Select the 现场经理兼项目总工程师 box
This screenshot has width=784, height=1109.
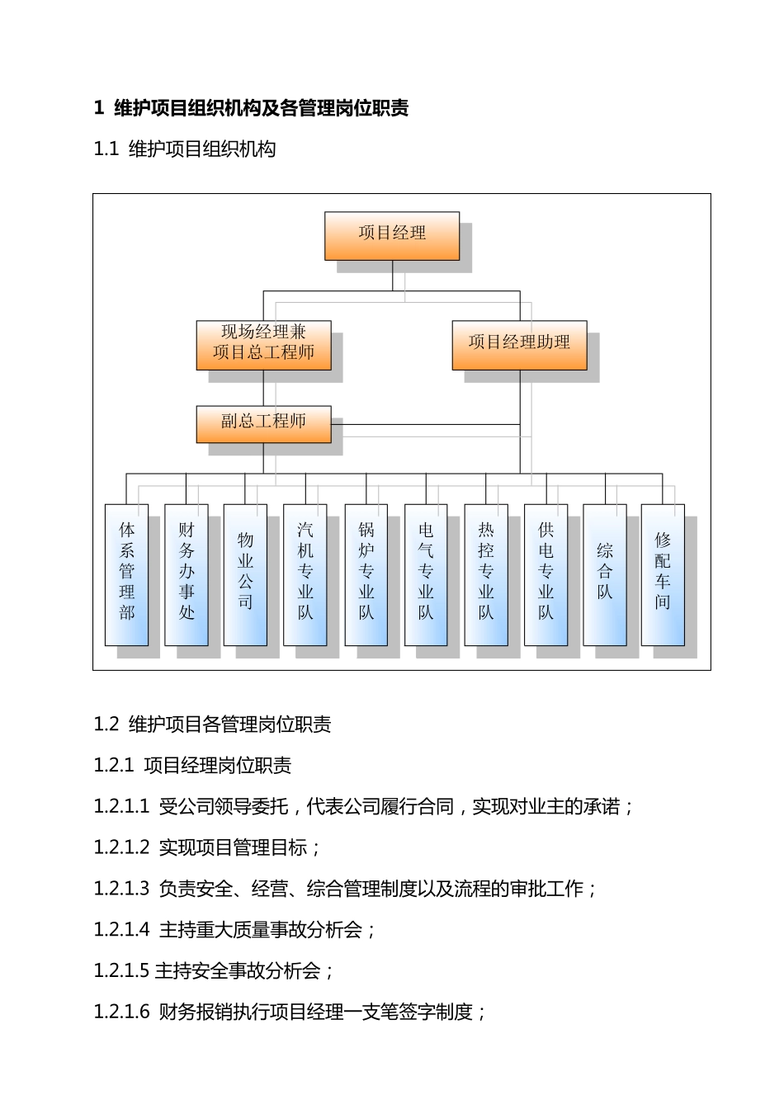(263, 344)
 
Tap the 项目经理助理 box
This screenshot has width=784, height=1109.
(519, 344)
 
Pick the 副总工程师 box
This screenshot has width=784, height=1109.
(263, 423)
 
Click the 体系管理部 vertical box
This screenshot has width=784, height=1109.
(127, 574)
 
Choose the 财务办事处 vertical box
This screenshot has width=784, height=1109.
(187, 574)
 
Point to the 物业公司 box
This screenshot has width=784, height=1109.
(245, 574)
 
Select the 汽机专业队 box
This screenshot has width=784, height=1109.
(305, 574)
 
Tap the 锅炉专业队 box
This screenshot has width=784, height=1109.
(366, 574)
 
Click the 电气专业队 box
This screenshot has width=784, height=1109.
(426, 574)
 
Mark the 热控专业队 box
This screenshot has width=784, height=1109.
(486, 574)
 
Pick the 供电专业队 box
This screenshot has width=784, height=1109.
(545, 574)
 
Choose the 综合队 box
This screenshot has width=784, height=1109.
(605, 574)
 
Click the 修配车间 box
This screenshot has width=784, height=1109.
(663, 574)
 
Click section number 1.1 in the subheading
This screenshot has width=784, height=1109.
(107, 149)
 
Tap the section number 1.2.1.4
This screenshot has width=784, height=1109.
(121, 930)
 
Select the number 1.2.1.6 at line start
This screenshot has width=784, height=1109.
(121, 1012)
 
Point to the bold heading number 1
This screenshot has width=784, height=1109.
(99, 108)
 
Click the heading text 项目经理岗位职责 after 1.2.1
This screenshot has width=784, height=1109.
(218, 766)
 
